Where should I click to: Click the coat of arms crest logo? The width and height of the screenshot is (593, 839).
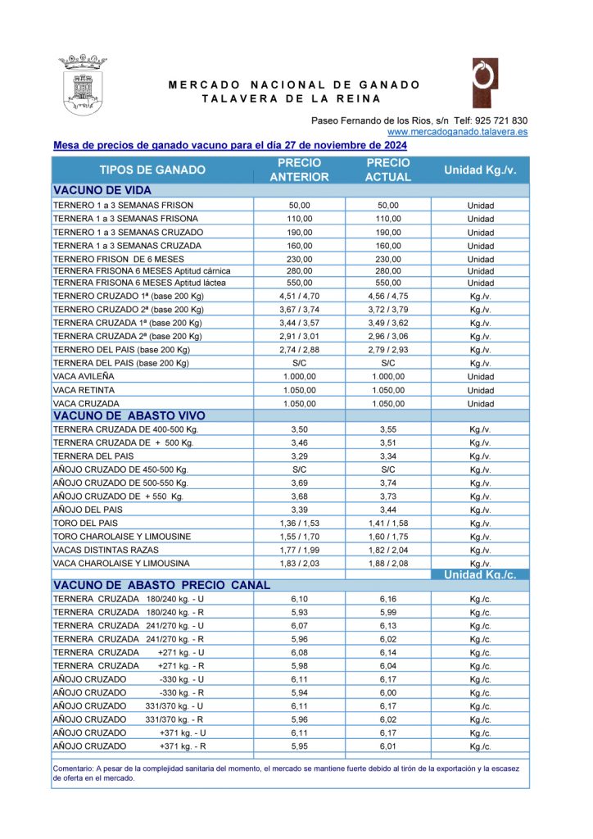coord(83,84)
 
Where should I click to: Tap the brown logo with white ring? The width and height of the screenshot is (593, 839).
coord(484,83)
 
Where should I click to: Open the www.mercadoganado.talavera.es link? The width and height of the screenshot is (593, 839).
coord(457,131)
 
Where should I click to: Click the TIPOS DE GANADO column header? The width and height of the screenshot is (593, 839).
coord(152,170)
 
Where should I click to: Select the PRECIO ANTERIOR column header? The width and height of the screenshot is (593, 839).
coord(300,170)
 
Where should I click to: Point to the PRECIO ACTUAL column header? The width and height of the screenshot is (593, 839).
coord(388,170)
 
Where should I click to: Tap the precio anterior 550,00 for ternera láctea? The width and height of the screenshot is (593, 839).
coord(300,283)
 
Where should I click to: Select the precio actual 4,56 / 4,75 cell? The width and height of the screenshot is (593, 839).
coord(388,297)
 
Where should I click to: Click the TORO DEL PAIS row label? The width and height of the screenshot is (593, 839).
coord(86,523)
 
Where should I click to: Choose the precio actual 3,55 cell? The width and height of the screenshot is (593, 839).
coord(388,429)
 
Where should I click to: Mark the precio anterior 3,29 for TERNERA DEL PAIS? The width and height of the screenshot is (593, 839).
coord(300,456)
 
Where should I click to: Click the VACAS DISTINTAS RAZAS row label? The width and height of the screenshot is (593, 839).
coord(106,550)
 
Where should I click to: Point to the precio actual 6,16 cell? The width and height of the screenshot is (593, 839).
coord(388,599)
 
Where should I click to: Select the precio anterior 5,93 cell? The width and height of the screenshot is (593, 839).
coord(300,612)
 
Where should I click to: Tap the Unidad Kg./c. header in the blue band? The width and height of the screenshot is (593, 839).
coord(480,575)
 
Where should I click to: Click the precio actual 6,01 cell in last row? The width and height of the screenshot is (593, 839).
coord(388,746)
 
